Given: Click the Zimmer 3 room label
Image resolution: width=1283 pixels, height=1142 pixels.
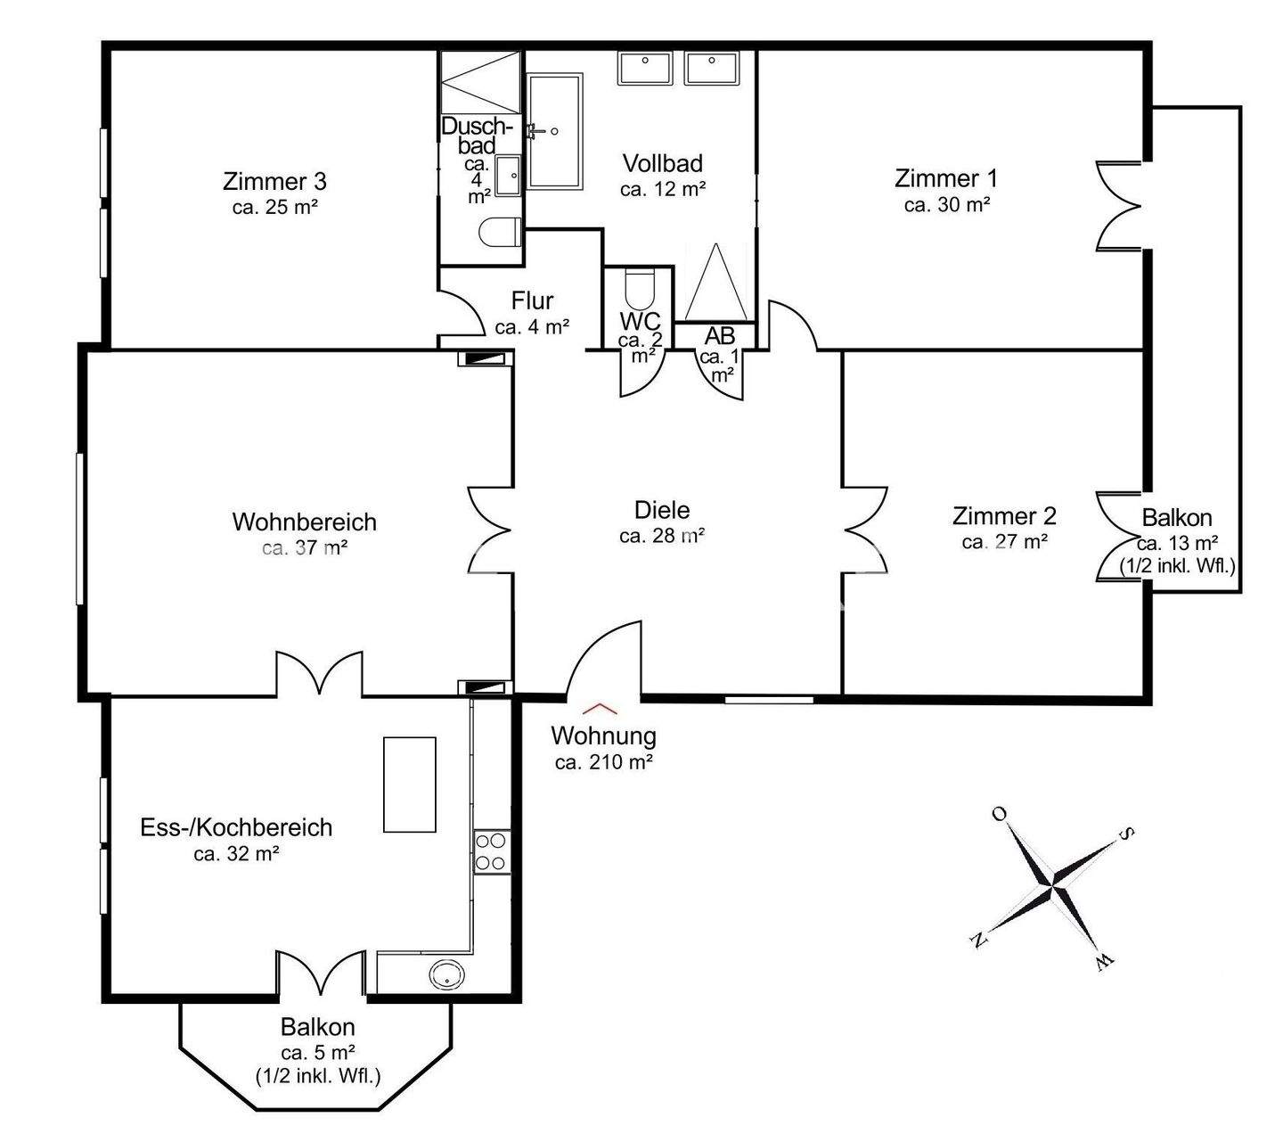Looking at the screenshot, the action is (274, 182).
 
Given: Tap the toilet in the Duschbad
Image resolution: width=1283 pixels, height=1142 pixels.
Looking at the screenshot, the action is (501, 233).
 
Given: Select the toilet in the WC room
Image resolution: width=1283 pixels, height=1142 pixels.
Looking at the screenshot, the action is (639, 288).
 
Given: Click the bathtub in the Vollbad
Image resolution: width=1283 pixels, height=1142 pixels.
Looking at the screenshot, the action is (555, 131).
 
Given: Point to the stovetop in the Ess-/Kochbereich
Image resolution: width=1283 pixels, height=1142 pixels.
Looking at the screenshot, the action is (492, 851).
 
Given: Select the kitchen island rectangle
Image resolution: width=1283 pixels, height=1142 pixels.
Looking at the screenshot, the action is (409, 785).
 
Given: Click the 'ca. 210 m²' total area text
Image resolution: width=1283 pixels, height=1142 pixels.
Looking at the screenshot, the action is (603, 761).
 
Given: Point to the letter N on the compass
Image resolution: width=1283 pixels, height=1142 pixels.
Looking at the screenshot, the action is (979, 941).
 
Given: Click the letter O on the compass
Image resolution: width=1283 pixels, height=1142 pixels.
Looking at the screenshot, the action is (999, 814).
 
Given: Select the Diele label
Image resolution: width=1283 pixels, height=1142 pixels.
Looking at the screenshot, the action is (662, 510).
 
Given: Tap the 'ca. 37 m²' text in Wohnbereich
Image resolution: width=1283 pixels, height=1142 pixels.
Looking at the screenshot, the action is (305, 548).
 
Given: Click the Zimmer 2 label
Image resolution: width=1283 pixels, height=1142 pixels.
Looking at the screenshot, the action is (1004, 516).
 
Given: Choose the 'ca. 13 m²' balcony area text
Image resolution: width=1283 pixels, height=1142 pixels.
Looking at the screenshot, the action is (1178, 543).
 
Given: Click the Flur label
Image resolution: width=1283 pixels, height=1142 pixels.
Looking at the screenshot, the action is (533, 300).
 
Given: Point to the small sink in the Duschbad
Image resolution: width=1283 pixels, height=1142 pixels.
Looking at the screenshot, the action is (508, 176).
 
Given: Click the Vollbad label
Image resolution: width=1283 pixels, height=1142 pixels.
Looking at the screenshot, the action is (662, 163).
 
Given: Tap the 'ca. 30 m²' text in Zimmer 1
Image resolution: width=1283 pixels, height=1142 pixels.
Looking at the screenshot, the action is (947, 205).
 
